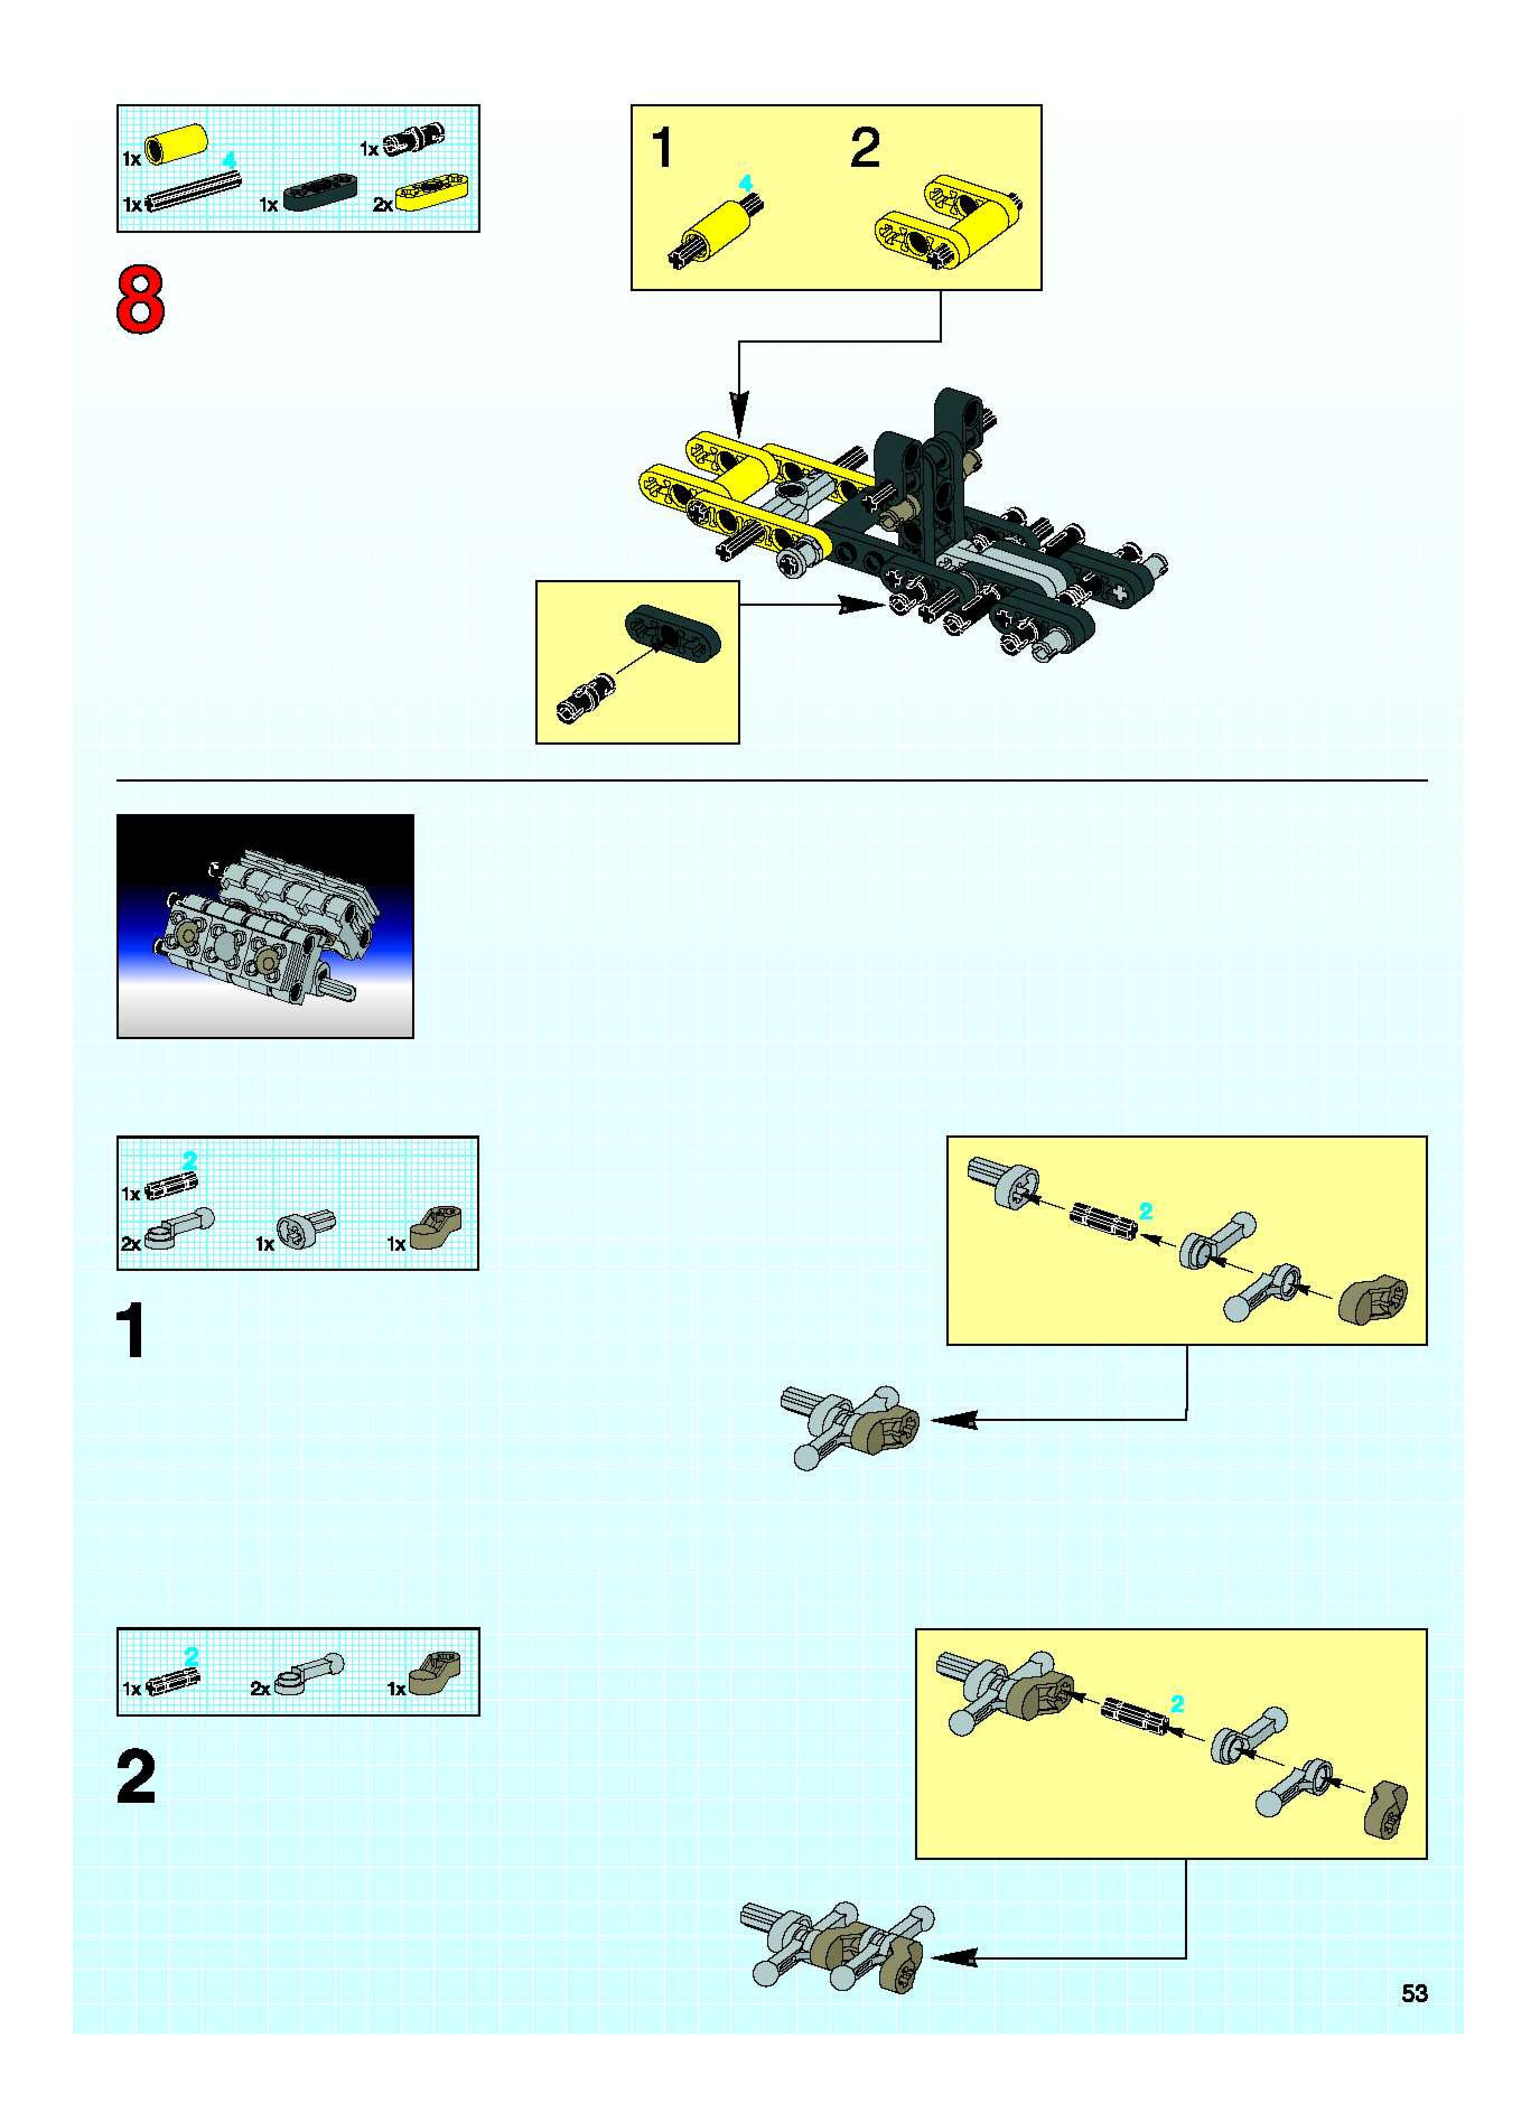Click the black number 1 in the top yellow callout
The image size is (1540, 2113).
tap(662, 148)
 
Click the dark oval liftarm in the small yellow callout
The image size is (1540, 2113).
tap(669, 633)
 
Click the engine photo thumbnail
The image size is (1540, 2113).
tap(265, 925)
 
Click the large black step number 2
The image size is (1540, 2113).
tap(136, 1778)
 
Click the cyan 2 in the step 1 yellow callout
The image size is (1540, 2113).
tap(1146, 1212)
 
